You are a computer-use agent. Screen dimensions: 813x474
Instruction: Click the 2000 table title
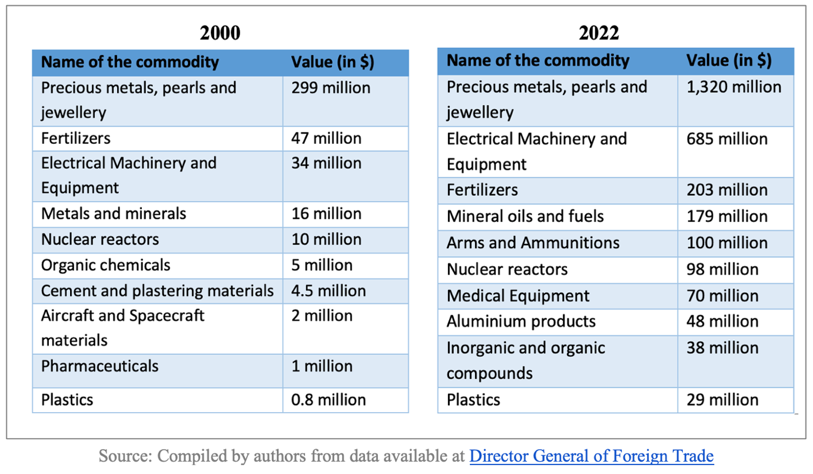pos(220,33)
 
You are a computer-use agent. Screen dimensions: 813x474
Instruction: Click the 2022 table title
pos(599,33)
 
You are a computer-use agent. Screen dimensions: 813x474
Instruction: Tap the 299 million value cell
pos(331,88)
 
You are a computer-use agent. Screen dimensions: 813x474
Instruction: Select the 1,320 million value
pos(734,87)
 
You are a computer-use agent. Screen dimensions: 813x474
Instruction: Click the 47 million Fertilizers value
pos(326,139)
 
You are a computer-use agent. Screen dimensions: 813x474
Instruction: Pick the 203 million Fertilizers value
pos(727,190)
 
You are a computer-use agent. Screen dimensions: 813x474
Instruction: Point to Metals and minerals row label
pos(114,214)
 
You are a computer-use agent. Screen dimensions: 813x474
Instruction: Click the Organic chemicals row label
pos(105,265)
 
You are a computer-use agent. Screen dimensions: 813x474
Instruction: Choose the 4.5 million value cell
pos(328,291)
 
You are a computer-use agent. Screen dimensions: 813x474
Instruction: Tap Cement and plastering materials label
pos(157,291)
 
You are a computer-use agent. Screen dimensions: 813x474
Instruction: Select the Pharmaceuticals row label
pos(100,366)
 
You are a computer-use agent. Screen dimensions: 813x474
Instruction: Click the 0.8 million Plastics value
pos(328,400)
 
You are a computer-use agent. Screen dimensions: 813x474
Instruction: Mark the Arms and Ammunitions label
pos(533,243)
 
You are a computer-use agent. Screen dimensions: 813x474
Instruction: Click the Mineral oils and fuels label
pos(525,216)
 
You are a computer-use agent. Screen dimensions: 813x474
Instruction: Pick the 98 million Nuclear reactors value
pos(722,269)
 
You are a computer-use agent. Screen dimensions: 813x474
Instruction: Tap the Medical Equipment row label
pos(518,296)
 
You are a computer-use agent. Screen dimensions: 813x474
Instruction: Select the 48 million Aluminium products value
pos(722,322)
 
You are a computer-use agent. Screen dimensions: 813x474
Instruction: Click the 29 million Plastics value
pos(722,400)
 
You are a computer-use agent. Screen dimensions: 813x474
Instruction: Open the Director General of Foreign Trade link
pos(592,456)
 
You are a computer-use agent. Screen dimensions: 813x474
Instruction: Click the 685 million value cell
pos(727,139)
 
